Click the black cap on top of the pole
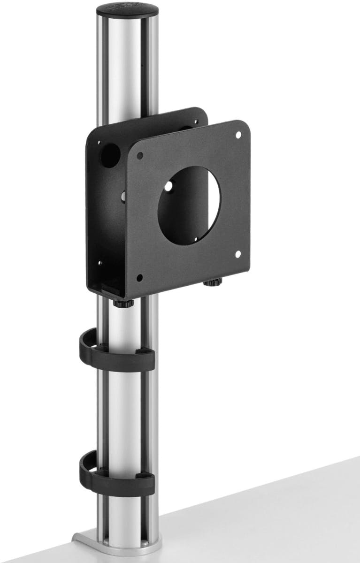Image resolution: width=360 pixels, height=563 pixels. tap(127, 11)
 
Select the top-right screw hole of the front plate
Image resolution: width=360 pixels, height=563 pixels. tap(238, 135)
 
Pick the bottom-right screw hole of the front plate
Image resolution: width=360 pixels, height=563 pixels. tap(237, 254)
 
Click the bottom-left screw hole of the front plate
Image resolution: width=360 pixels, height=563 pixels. tap(139, 276)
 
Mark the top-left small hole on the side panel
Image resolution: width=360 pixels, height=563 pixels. tap(99, 142)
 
